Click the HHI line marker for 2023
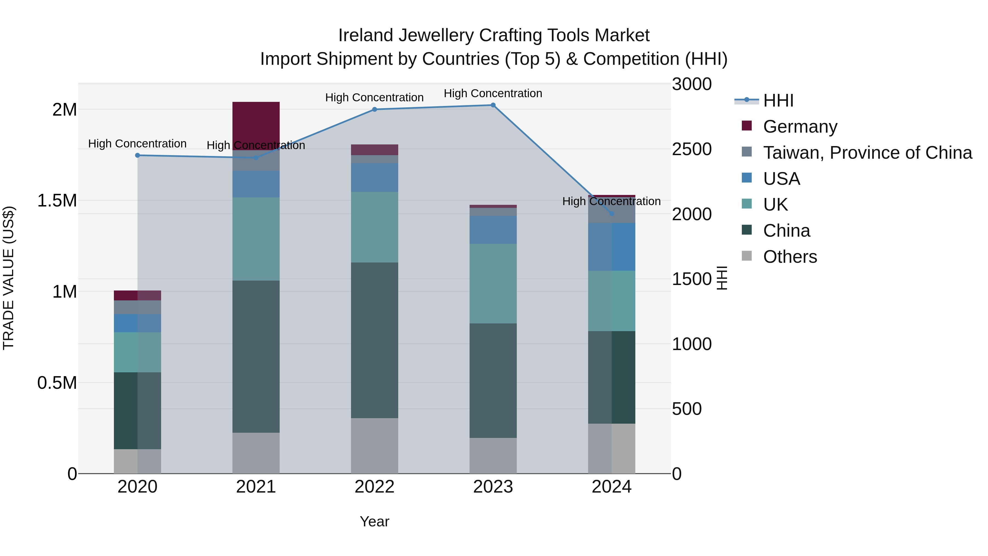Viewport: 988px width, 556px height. (x=493, y=105)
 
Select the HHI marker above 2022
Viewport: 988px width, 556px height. (x=374, y=109)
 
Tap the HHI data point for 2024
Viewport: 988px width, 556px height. (x=611, y=214)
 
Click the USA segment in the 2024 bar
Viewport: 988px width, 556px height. (x=611, y=247)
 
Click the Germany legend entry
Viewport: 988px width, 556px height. (x=800, y=127)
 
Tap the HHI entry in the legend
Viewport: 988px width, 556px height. (x=778, y=100)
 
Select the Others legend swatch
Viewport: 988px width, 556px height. (x=746, y=256)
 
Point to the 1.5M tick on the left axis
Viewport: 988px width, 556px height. (x=57, y=201)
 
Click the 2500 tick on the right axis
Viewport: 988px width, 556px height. (x=692, y=149)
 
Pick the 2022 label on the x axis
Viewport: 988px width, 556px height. (x=374, y=487)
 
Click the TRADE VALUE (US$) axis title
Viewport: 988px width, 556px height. (x=9, y=278)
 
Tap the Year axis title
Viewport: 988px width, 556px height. (x=374, y=521)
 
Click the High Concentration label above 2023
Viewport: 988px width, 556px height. (x=493, y=93)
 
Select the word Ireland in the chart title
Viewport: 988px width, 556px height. (x=366, y=35)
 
